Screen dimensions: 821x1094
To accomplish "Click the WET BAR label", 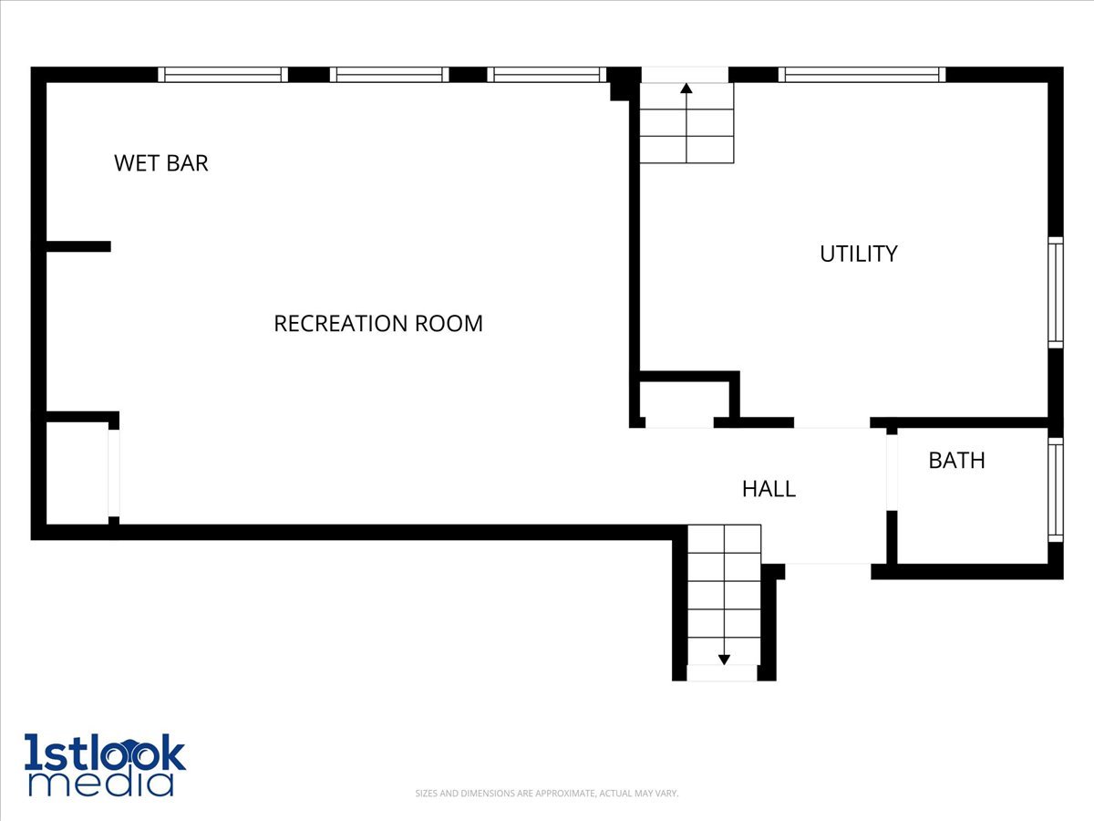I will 161,163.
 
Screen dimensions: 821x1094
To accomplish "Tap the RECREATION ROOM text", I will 378,323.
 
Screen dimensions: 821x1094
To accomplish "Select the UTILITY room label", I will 858,254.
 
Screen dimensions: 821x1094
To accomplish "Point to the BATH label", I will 956,461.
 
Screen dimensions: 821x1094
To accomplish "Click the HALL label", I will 769,489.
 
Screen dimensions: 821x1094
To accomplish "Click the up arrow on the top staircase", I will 686,88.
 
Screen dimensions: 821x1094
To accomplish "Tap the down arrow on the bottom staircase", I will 724,658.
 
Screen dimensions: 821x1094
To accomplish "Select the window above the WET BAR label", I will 222,75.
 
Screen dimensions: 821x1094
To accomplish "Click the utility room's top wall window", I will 862,75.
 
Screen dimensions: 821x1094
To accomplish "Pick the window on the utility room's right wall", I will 1056,292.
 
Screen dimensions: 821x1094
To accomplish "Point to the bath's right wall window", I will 1056,490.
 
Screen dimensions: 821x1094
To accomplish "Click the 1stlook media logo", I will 105,764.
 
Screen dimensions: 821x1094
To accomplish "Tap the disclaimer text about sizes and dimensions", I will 547,794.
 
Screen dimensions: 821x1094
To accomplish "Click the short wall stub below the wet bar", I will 77,246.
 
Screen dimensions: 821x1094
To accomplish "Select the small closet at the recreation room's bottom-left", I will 77,473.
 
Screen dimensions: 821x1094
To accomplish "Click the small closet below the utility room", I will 684,401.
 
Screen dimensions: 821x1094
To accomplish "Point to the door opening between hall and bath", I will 892,470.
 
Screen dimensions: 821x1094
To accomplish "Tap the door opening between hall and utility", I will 831,422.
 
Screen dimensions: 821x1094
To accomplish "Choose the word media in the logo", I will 100,784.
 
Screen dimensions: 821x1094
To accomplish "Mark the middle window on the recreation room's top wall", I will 389,75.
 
